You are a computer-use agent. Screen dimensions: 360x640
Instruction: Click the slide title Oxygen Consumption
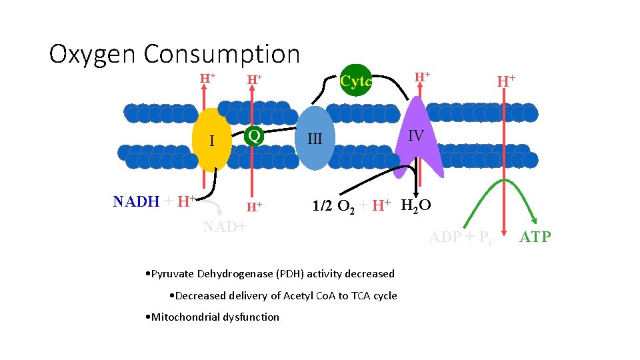point(175,54)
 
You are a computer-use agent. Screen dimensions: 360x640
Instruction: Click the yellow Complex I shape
point(213,140)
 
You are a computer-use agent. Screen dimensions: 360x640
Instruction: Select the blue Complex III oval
point(314,138)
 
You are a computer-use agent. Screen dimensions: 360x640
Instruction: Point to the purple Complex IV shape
point(417,137)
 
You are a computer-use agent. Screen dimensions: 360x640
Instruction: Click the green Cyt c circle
point(356,81)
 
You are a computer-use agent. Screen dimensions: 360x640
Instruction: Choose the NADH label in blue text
point(136,201)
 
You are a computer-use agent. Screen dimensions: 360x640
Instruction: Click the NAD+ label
point(225,227)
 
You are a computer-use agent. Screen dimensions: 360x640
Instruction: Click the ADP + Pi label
point(460,237)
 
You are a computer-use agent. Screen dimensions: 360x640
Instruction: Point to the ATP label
point(535,237)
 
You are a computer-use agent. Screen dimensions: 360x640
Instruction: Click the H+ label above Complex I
point(208,78)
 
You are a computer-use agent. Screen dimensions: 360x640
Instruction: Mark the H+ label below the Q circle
point(253,207)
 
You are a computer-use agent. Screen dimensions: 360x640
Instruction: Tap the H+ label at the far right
point(506,81)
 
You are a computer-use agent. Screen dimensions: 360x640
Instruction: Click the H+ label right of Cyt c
point(422,77)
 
